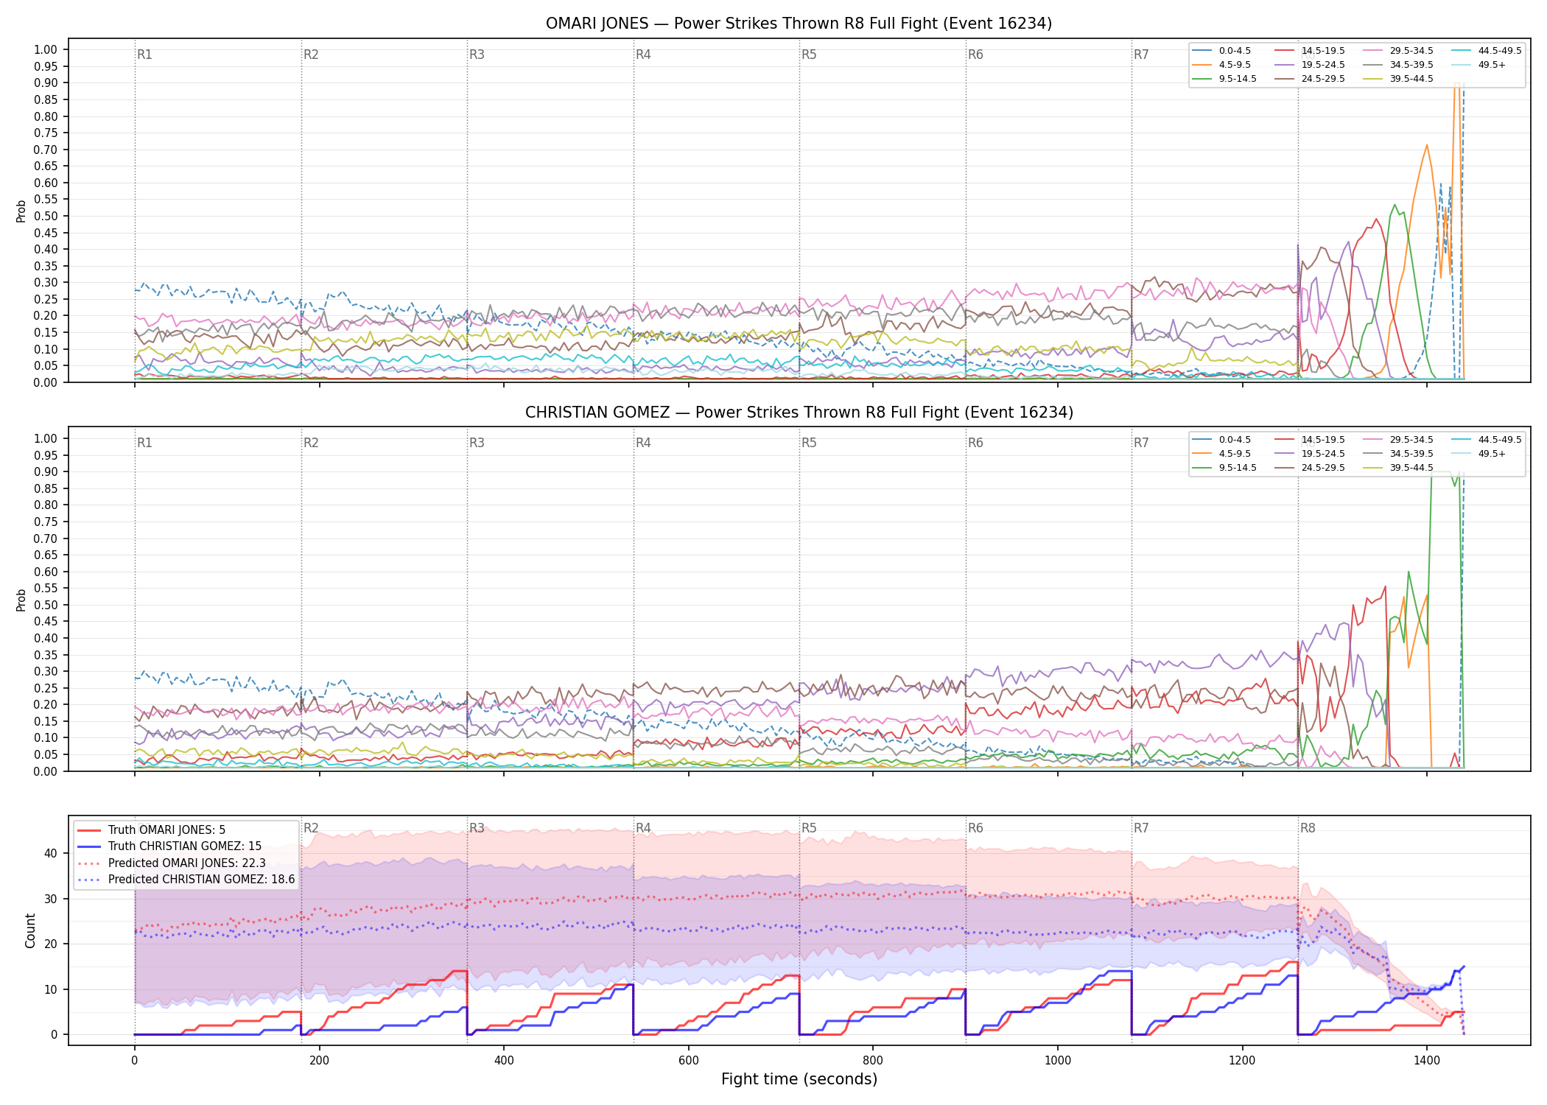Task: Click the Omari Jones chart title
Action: tap(799, 24)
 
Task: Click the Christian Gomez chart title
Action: tap(799, 413)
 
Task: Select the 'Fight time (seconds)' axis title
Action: tap(799, 1079)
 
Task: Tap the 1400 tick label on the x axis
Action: tap(1427, 1060)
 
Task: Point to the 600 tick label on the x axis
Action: tap(689, 1060)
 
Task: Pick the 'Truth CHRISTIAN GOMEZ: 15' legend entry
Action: tap(169, 846)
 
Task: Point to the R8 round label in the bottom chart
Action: tap(1308, 828)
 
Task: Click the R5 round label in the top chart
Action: tap(809, 55)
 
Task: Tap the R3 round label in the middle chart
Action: tap(477, 443)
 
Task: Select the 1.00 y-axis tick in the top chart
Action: tap(46, 50)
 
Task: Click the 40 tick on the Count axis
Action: tap(51, 853)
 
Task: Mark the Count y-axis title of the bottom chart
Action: tap(30, 930)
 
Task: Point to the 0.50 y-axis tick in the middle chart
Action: tap(46, 606)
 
